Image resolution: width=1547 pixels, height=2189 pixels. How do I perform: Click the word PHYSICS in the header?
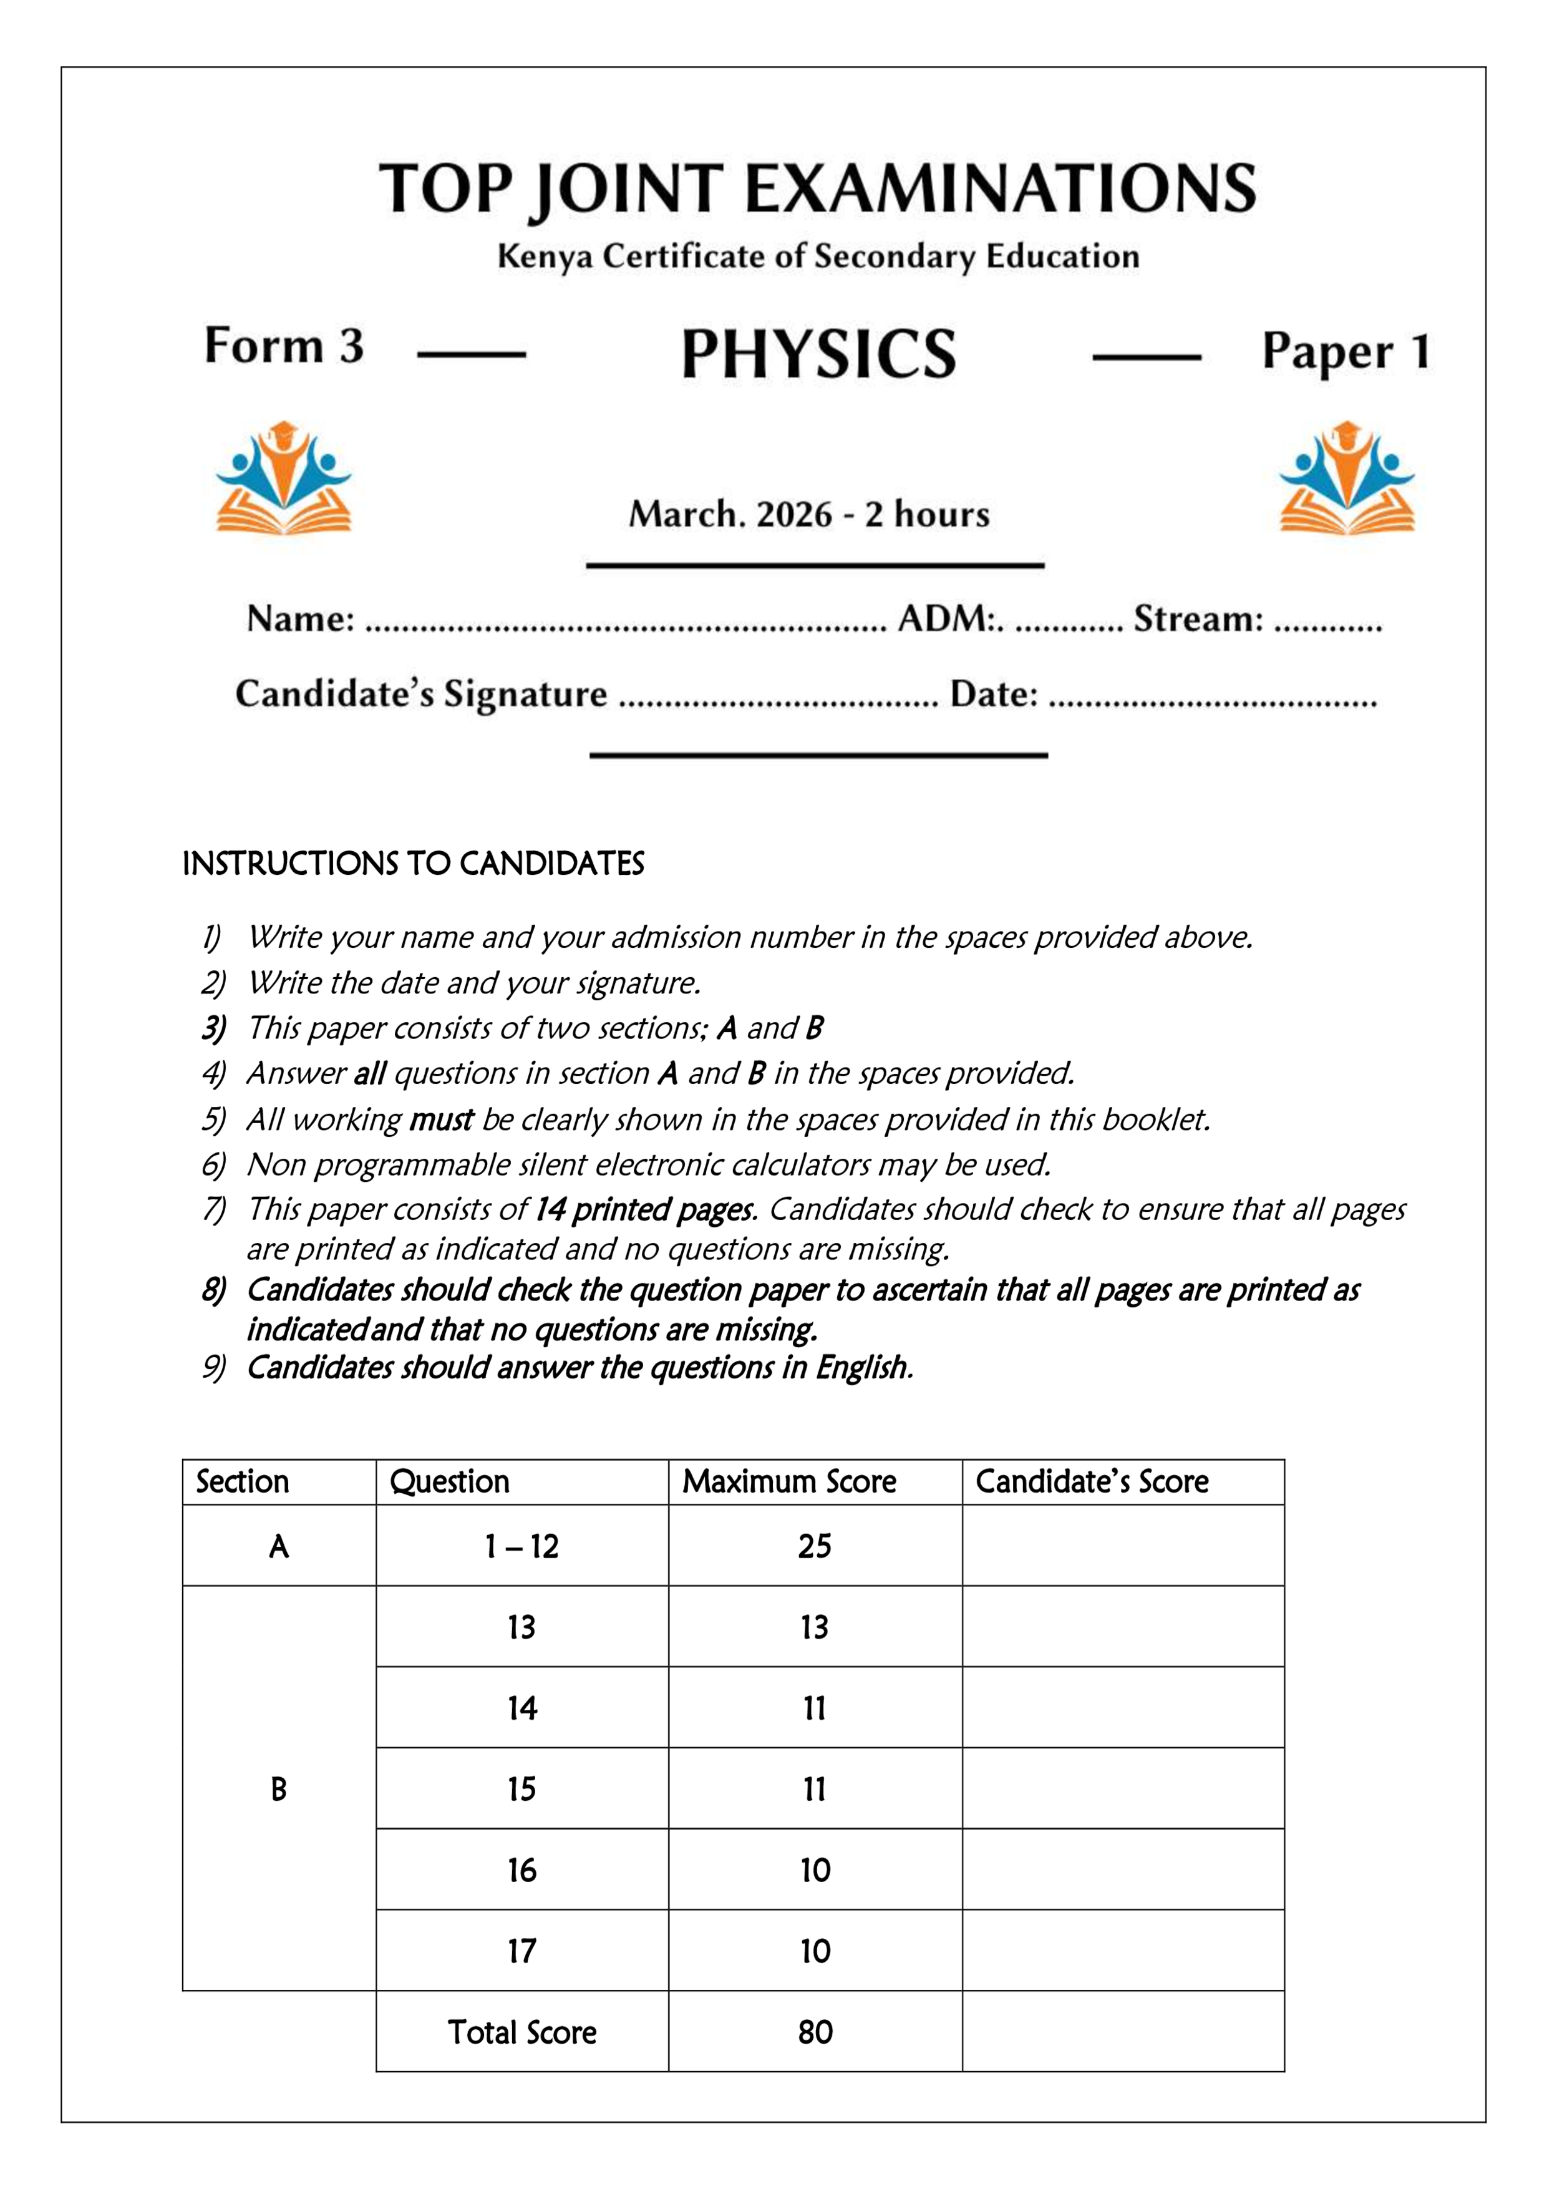click(x=818, y=354)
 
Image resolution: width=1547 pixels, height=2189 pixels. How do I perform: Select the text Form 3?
click(x=284, y=345)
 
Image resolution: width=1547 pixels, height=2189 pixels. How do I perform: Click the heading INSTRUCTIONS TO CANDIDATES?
click(x=413, y=864)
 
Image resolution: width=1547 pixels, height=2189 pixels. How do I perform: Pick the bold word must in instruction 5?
click(x=440, y=1119)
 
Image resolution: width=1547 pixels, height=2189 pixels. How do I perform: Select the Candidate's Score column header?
click(x=1092, y=1481)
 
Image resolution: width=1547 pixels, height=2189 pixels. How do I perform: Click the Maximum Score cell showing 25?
click(x=814, y=1546)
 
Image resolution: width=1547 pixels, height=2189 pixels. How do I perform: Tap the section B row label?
click(x=278, y=1790)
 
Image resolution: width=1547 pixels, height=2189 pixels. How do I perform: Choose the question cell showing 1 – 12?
click(x=521, y=1546)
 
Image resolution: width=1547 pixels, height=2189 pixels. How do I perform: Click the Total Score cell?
click(x=521, y=2032)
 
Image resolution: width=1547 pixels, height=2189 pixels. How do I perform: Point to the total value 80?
click(x=814, y=2032)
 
